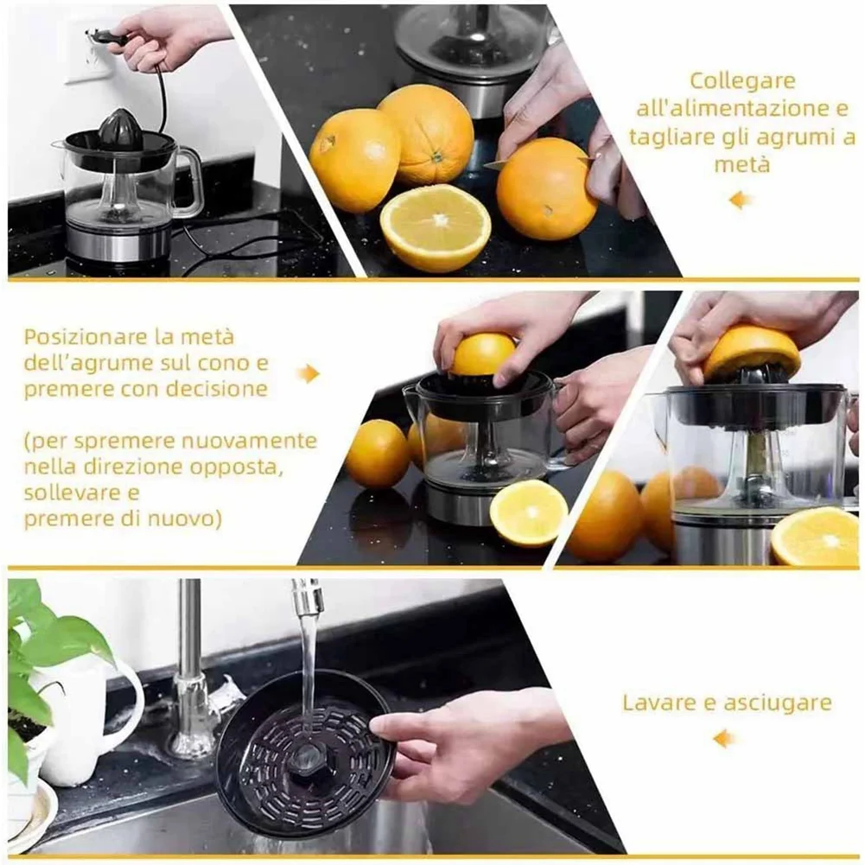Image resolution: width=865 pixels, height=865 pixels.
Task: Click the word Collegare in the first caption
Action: (741, 81)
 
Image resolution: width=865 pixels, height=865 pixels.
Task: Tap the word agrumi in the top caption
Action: (790, 137)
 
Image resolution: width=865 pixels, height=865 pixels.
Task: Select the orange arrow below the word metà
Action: (741, 200)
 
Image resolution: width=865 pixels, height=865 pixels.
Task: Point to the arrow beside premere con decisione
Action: (308, 373)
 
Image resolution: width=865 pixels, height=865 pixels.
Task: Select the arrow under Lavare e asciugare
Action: (723, 739)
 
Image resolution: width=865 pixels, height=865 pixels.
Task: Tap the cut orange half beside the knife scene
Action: (436, 228)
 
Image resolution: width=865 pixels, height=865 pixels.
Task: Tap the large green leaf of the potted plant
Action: (78, 639)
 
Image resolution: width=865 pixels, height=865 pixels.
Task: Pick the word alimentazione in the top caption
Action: (734, 109)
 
